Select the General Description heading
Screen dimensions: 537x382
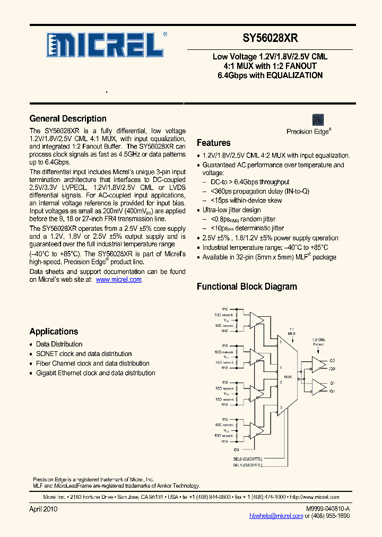pyautogui.click(x=68, y=119)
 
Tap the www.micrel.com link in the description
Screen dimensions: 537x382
pyautogui.click(x=118, y=280)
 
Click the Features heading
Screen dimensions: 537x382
pyautogui.click(x=213, y=143)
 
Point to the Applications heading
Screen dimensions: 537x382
pyautogui.click(x=54, y=332)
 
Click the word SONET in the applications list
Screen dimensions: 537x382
pyautogui.click(x=46, y=354)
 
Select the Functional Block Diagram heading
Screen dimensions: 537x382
pyautogui.click(x=247, y=287)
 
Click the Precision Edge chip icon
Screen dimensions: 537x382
pyautogui.click(x=318, y=119)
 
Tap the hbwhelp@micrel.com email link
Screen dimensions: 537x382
pyautogui.click(x=276, y=516)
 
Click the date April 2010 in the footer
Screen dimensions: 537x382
pyautogui.click(x=43, y=509)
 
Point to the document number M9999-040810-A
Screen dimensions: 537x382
pyautogui.click(x=328, y=509)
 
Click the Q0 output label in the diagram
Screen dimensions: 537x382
pyautogui.click(x=333, y=359)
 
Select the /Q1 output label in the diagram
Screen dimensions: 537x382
pyautogui.click(x=333, y=391)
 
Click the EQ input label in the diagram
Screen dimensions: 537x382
pyautogui.click(x=224, y=448)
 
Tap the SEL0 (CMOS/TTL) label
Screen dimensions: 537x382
pyautogui.click(x=248, y=457)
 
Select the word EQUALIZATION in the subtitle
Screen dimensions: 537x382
pyautogui.click(x=294, y=75)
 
